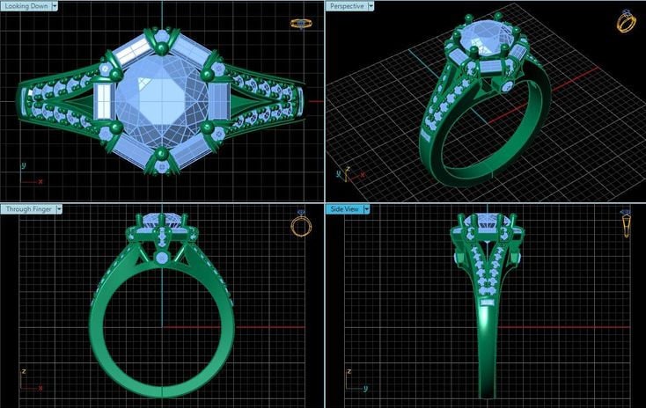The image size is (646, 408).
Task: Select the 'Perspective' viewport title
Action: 346,5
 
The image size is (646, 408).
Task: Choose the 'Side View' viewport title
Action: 344,209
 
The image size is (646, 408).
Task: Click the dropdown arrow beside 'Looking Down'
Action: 55,5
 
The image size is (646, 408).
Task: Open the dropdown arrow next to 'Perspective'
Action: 371,5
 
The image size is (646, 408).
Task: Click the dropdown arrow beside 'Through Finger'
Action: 60,209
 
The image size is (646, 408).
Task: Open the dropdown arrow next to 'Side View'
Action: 366,209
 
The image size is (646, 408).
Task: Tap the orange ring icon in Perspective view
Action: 626,20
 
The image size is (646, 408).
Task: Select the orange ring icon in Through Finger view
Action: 301,225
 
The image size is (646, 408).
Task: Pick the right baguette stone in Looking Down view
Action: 217,98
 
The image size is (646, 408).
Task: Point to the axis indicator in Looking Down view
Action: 29,176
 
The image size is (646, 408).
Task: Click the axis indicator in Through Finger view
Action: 27,382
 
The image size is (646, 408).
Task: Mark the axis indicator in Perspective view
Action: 345,173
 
